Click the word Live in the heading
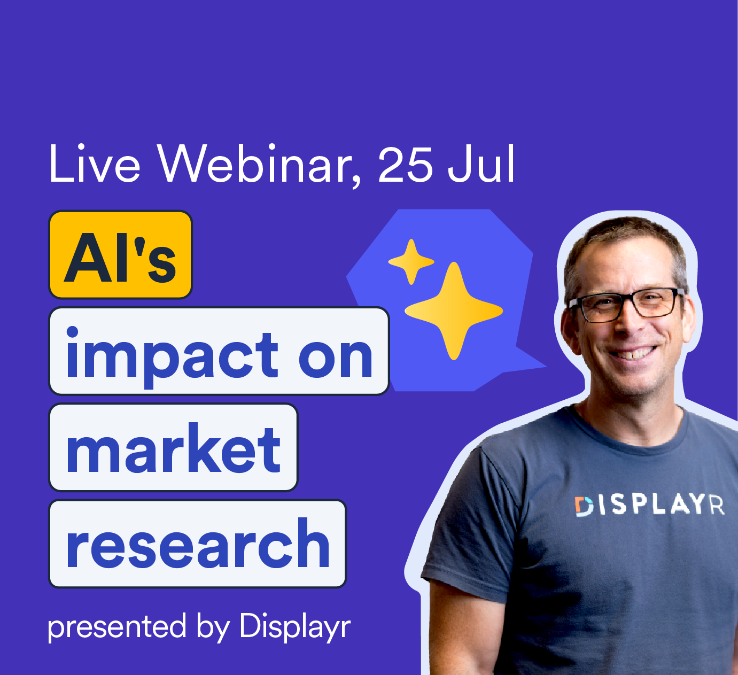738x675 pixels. [x=94, y=164]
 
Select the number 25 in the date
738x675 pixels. [x=405, y=165]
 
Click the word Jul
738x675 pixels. [x=481, y=164]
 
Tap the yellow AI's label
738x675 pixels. [x=120, y=255]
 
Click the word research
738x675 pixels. [x=198, y=544]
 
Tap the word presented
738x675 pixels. [x=117, y=627]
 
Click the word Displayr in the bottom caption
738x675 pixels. [x=295, y=626]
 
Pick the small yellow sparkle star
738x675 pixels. [x=411, y=261]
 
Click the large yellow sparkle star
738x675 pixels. [x=454, y=311]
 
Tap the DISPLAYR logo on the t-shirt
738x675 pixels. [x=649, y=506]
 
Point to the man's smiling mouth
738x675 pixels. [x=635, y=353]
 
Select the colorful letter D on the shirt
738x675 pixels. [x=584, y=507]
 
